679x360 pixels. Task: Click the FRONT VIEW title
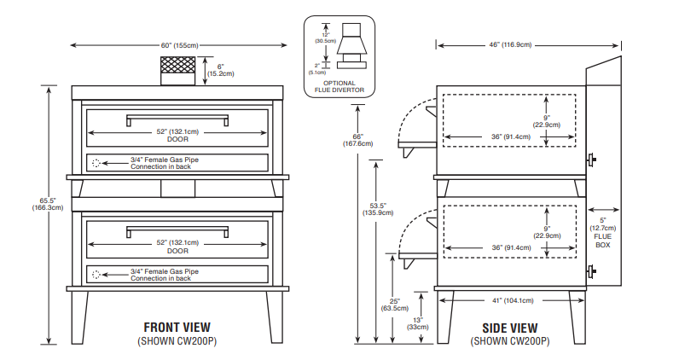coord(177,327)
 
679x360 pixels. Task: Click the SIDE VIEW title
coord(510,327)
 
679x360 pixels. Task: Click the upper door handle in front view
coord(177,118)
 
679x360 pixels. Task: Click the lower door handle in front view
coord(177,229)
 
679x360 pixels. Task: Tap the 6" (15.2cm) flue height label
coord(220,70)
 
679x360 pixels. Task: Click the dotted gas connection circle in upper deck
coord(96,163)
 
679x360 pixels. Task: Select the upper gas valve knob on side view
coord(592,159)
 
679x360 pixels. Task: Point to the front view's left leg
coord(79,316)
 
